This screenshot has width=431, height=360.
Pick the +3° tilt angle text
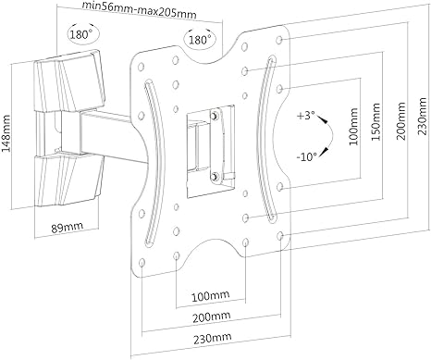[x=306, y=118]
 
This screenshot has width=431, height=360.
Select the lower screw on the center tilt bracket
[x=215, y=174]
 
